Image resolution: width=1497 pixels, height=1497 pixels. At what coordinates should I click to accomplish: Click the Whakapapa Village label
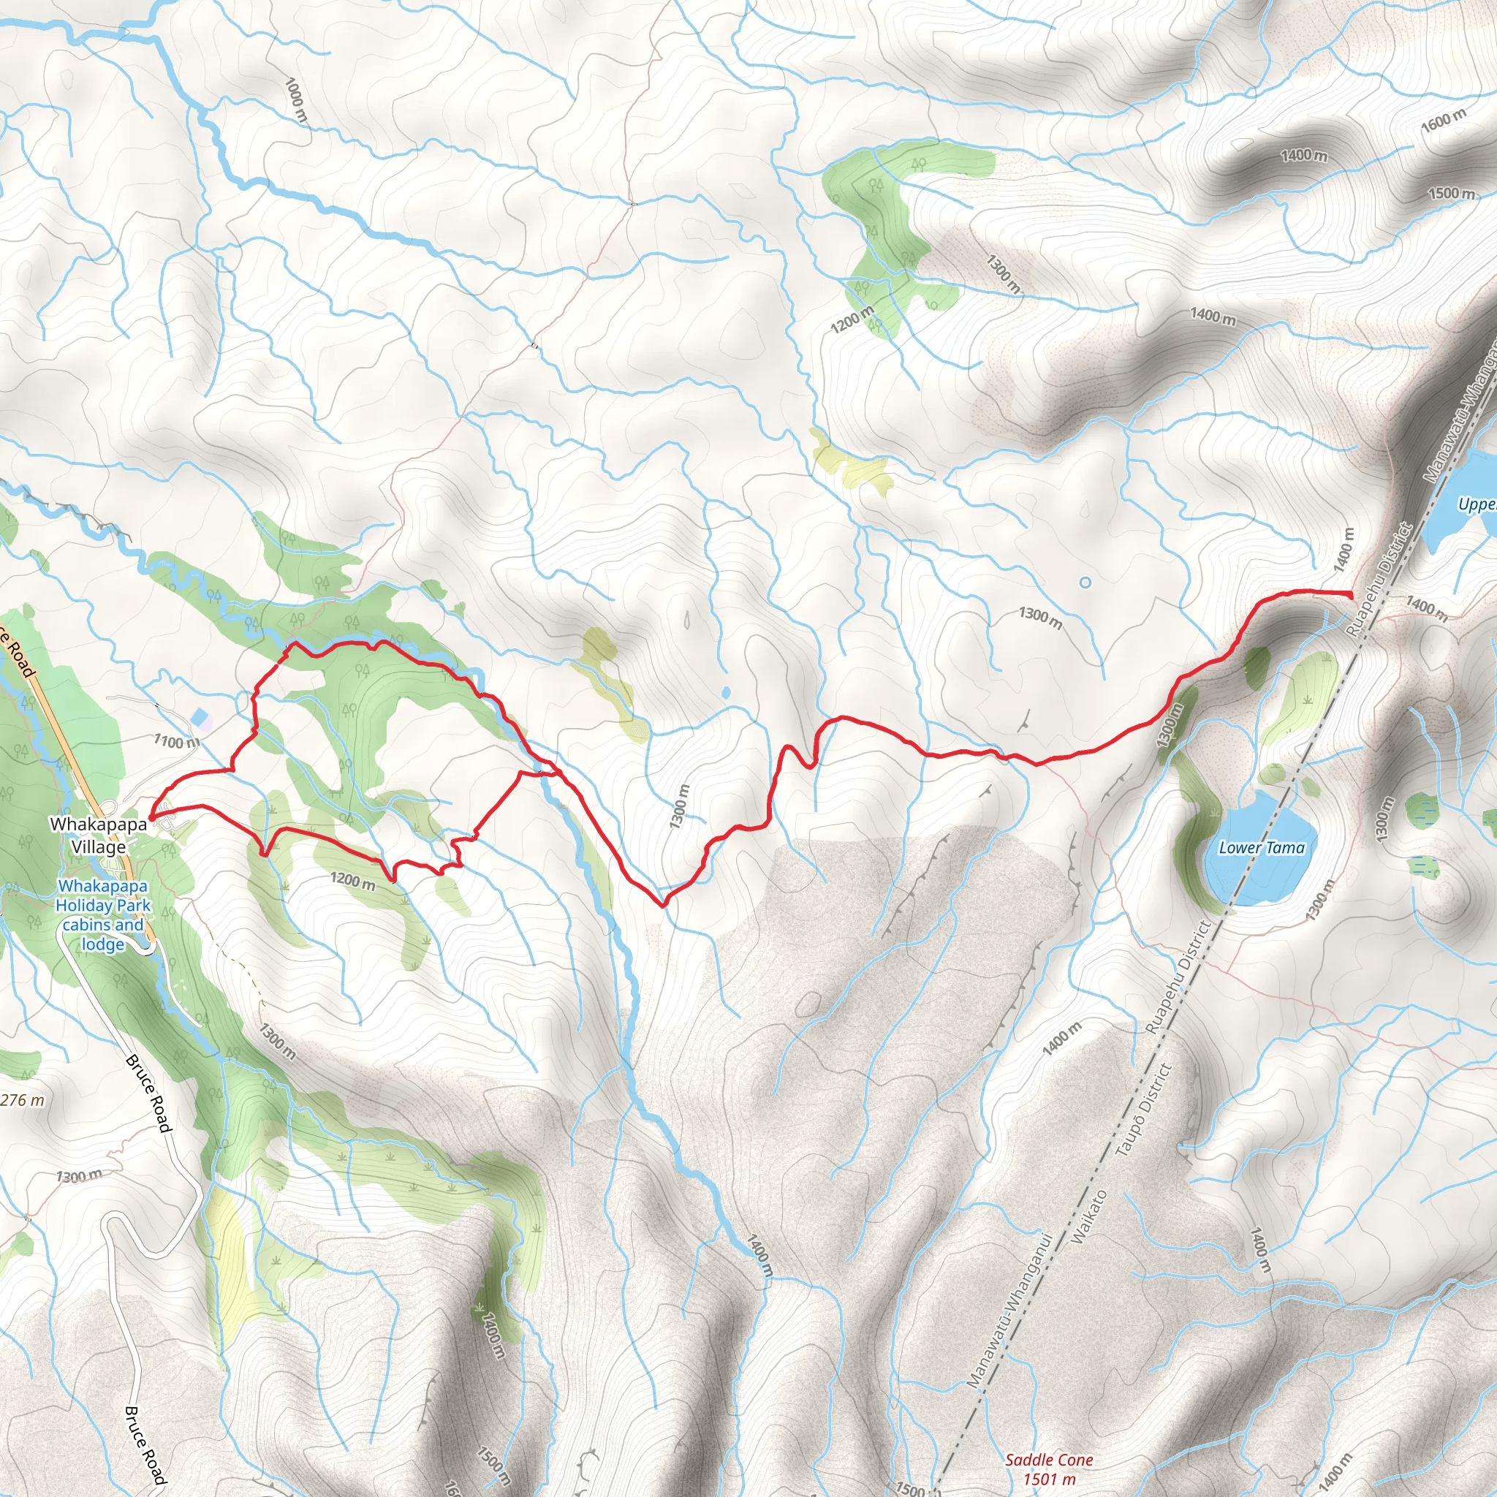[x=99, y=835]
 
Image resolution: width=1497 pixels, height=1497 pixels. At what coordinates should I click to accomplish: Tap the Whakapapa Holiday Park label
[x=102, y=915]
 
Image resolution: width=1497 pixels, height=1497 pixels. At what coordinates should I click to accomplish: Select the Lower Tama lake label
[x=1262, y=849]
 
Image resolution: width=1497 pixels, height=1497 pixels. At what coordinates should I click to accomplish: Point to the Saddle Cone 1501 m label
[x=1049, y=1469]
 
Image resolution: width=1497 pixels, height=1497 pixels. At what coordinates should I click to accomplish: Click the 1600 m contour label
[x=1444, y=120]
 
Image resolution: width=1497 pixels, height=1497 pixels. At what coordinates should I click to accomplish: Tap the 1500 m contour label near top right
[x=1451, y=193]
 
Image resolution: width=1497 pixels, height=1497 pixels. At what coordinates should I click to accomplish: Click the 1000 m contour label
[x=296, y=100]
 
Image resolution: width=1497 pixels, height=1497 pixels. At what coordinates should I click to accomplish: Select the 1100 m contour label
[x=176, y=741]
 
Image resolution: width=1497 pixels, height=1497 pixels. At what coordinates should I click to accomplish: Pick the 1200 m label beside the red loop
[x=352, y=880]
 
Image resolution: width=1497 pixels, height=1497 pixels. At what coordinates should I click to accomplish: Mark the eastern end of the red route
[x=1352, y=595]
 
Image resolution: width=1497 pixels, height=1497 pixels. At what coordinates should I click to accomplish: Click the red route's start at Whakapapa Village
[x=152, y=816]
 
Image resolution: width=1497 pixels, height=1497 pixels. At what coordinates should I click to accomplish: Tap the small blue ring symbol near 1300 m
[x=1085, y=582]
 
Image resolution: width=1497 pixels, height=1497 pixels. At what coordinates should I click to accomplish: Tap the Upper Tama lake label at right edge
[x=1476, y=504]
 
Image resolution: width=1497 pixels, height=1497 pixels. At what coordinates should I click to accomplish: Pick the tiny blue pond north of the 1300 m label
[x=724, y=692]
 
